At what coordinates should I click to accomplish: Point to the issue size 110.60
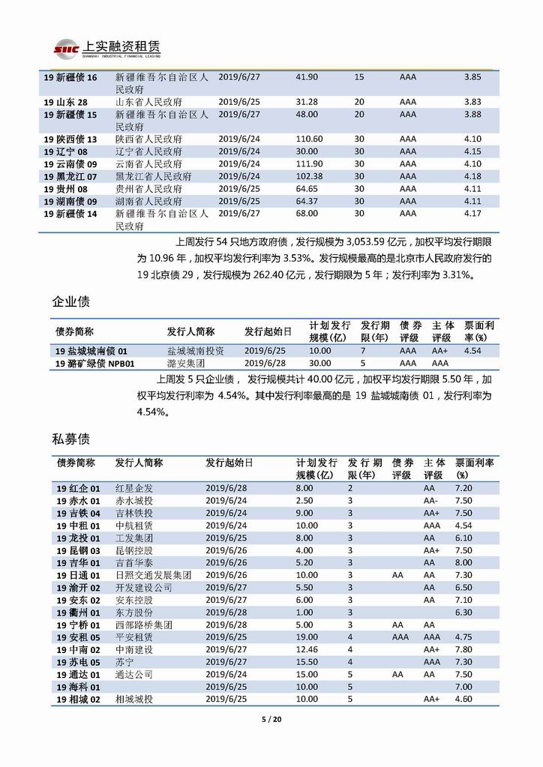309,139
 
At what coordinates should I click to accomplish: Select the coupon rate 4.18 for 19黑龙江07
472,175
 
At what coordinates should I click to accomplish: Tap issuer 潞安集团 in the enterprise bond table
186,363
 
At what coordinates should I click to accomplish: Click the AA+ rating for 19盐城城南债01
439,350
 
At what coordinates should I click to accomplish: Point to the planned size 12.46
307,649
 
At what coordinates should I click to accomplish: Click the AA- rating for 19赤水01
430,500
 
